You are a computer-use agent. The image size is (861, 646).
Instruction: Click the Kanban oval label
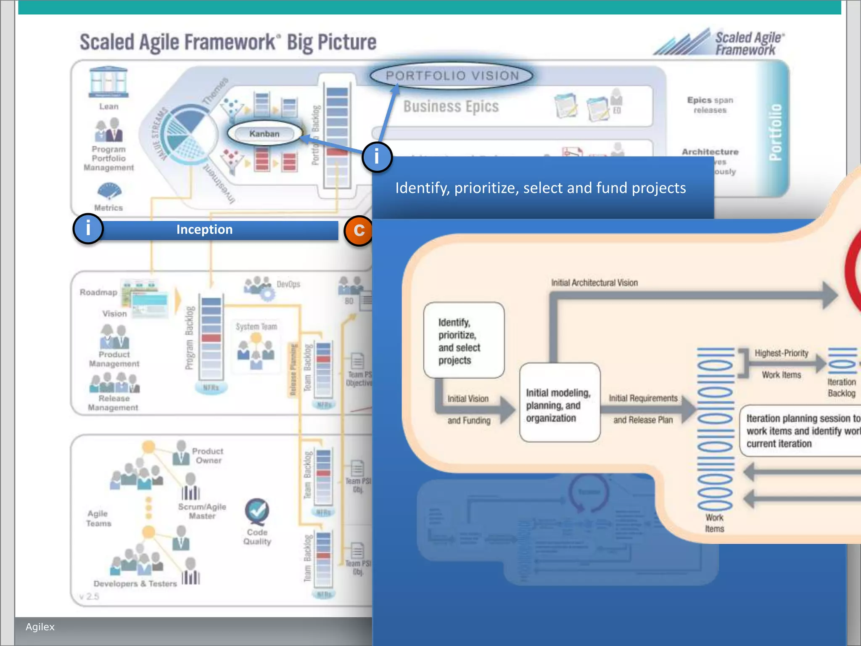264,134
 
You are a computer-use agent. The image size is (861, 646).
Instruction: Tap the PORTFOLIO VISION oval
452,76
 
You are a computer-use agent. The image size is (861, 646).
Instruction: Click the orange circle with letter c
358,230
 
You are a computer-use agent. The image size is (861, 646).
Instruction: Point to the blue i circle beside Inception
88,229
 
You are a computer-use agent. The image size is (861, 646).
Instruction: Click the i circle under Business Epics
377,157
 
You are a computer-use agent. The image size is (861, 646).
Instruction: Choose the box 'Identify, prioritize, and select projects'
464,340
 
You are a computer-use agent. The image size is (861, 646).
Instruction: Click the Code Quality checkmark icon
257,511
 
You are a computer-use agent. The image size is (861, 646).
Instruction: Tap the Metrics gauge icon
109,191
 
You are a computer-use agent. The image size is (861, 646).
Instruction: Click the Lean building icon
108,82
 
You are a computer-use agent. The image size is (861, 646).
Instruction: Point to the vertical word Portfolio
775,132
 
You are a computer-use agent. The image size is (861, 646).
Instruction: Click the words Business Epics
451,106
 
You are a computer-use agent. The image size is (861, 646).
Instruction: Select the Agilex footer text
40,627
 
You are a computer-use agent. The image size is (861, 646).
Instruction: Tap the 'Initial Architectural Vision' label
594,283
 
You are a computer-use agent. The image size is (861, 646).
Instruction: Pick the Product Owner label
208,455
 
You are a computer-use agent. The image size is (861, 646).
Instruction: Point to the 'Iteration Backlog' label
841,387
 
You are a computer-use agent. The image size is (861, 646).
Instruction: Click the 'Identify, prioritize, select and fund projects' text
540,188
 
